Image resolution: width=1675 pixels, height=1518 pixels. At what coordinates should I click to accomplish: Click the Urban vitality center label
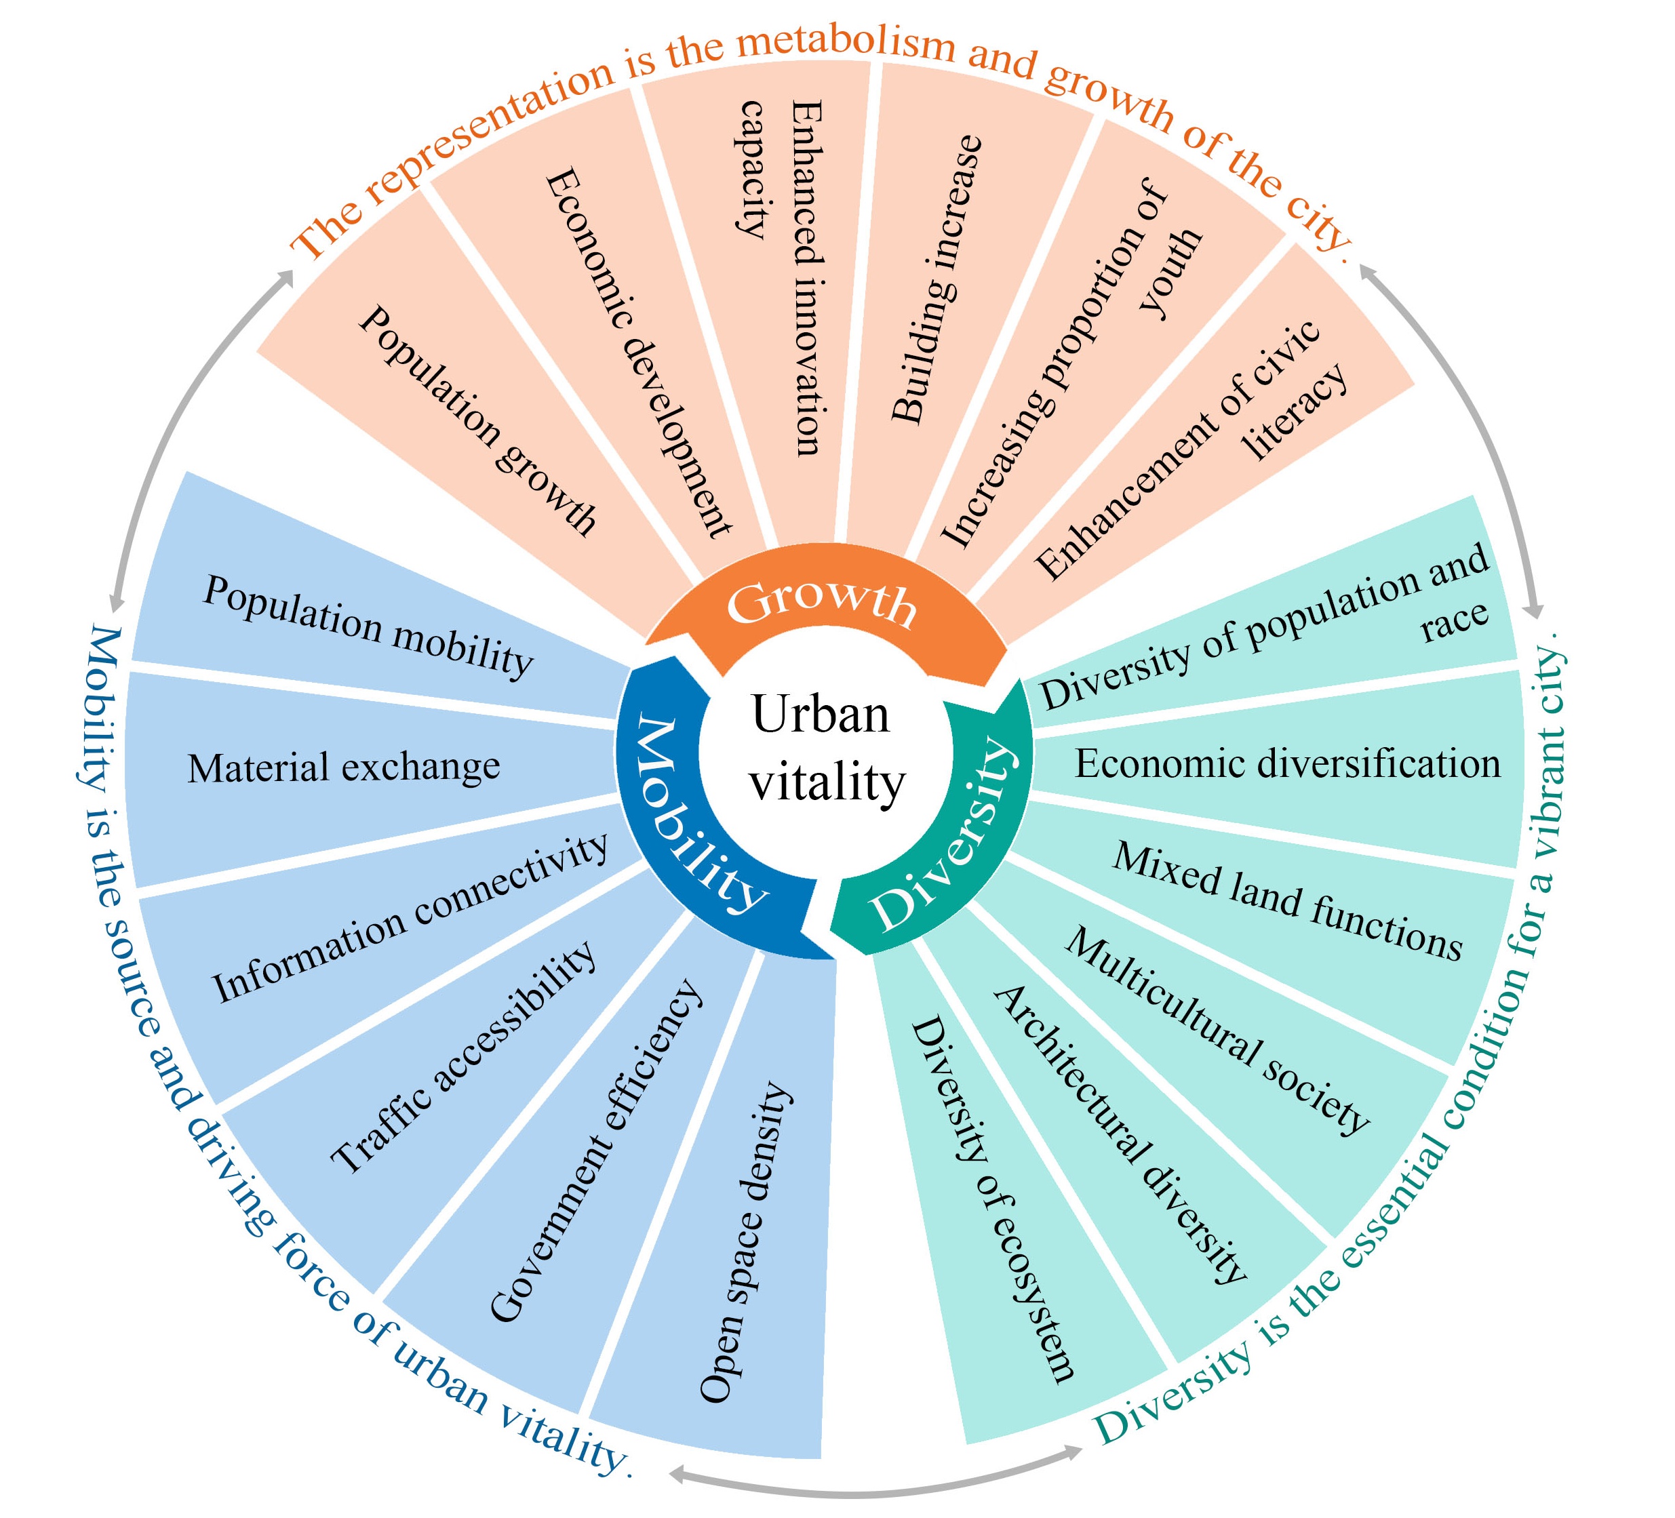[827, 748]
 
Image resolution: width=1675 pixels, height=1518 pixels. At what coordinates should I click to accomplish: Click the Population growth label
[477, 420]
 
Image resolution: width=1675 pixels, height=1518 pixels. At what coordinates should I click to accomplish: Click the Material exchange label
[343, 767]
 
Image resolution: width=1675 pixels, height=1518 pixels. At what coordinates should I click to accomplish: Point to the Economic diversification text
[1287, 763]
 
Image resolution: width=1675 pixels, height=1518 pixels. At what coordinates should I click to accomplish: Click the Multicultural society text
[1217, 1031]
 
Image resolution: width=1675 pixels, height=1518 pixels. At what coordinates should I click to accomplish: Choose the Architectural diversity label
[1120, 1135]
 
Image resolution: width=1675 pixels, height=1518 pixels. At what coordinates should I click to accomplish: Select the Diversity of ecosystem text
[993, 1201]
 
